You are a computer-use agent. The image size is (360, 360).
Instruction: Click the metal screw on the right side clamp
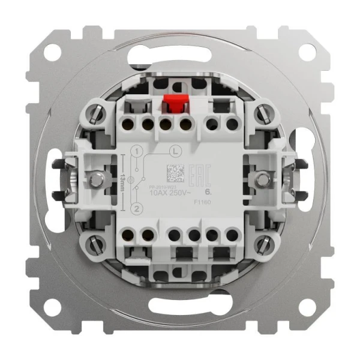[262, 179]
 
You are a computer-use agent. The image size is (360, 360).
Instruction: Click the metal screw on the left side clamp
[95, 179]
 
